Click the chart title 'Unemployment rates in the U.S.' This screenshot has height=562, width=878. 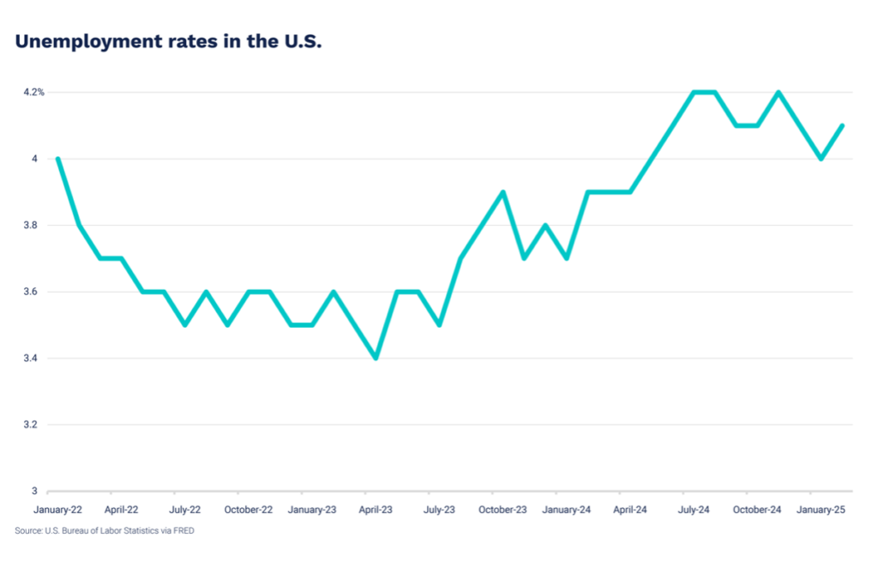pyautogui.click(x=168, y=41)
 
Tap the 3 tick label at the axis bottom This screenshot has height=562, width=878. pyautogui.click(x=35, y=491)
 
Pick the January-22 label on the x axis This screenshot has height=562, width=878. pyautogui.click(x=58, y=510)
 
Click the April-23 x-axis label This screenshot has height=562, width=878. pyautogui.click(x=376, y=510)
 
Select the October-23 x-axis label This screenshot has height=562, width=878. pyautogui.click(x=502, y=510)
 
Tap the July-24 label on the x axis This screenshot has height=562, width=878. pyautogui.click(x=693, y=510)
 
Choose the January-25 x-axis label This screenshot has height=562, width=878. pyautogui.click(x=821, y=510)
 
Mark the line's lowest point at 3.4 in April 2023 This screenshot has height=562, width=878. pyautogui.click(x=376, y=358)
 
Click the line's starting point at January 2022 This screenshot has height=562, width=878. pyautogui.click(x=57, y=159)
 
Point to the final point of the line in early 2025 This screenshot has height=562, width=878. pyautogui.click(x=843, y=125)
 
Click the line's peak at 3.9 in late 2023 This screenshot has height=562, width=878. pyautogui.click(x=503, y=191)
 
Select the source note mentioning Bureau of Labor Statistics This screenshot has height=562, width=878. pyautogui.click(x=105, y=531)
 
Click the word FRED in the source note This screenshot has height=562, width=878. pyautogui.click(x=183, y=531)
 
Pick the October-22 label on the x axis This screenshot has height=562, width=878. pyautogui.click(x=249, y=510)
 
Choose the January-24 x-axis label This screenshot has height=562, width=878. pyautogui.click(x=567, y=510)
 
